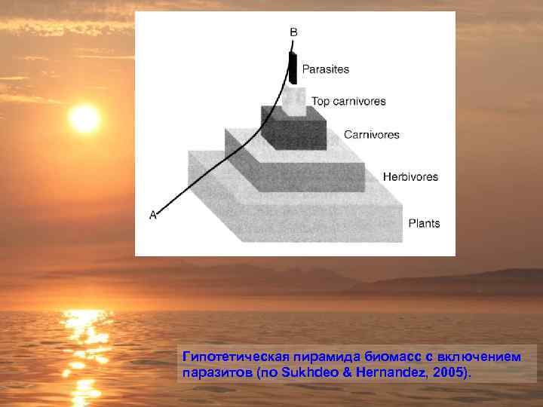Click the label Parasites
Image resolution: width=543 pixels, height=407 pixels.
(x=326, y=69)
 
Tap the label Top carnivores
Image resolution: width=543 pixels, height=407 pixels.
(x=348, y=101)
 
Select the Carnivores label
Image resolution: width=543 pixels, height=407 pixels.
(x=372, y=135)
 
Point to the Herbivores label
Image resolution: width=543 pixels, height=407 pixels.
(x=410, y=176)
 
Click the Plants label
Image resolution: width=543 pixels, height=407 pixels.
(x=424, y=223)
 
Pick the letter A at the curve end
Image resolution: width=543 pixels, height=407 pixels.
(x=153, y=215)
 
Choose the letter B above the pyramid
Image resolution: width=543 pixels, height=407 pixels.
(x=293, y=32)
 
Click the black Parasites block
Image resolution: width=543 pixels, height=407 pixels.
(x=293, y=69)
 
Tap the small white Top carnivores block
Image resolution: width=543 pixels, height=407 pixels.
(x=295, y=101)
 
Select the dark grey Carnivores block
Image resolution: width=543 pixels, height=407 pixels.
(x=294, y=131)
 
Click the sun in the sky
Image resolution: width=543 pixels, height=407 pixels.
(x=84, y=118)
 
